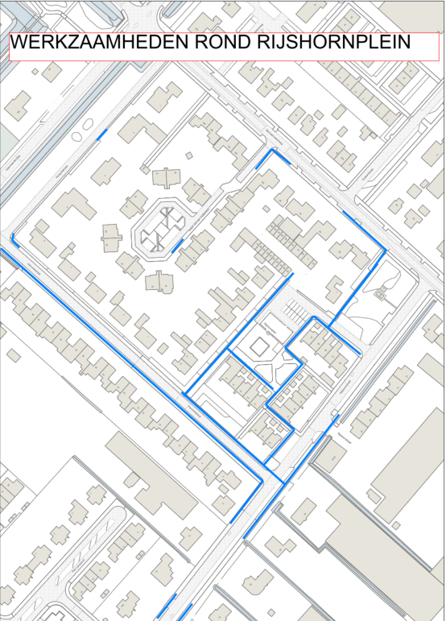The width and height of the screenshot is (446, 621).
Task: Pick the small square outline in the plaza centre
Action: (x=259, y=348)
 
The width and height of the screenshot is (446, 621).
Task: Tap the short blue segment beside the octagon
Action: (x=177, y=244)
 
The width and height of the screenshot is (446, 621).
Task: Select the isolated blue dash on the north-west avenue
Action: (x=101, y=135)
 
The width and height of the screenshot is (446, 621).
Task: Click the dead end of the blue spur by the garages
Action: (x=292, y=275)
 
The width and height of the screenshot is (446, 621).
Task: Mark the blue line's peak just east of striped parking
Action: (x=313, y=318)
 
